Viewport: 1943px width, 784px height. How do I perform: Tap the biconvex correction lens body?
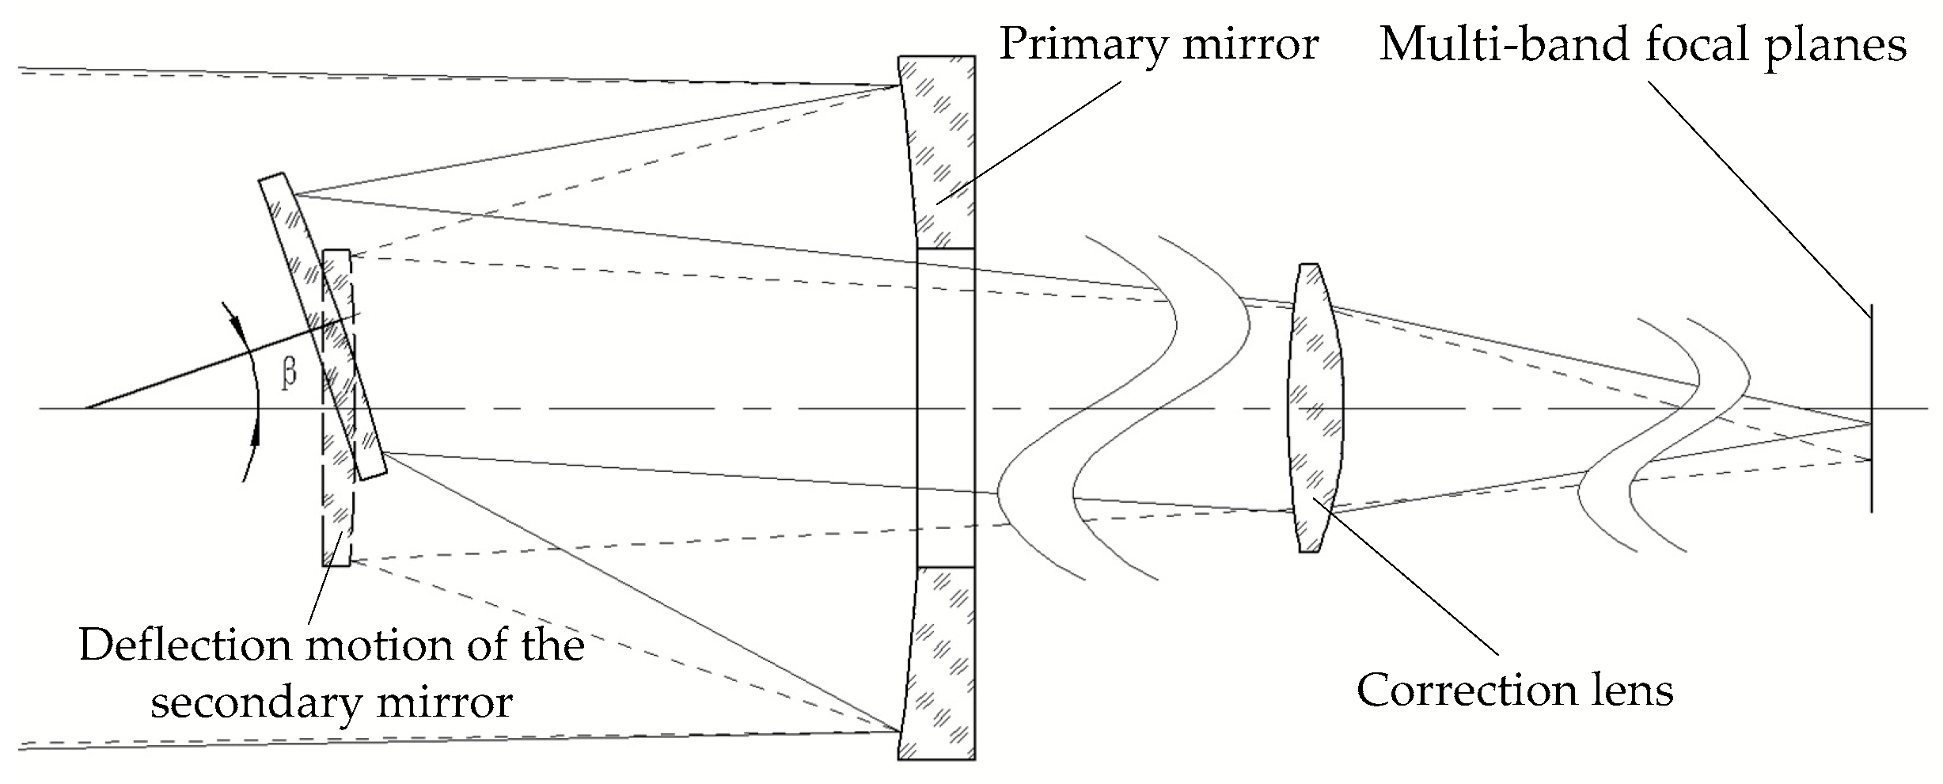[x=1315, y=408]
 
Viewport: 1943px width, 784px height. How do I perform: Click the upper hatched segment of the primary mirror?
[x=942, y=150]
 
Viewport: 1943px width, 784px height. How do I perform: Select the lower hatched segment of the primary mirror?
[x=942, y=665]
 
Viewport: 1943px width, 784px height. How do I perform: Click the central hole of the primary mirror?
[x=946, y=408]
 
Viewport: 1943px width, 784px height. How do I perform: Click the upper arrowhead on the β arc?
[x=234, y=321]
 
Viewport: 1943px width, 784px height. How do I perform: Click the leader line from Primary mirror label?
[x=1029, y=143]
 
